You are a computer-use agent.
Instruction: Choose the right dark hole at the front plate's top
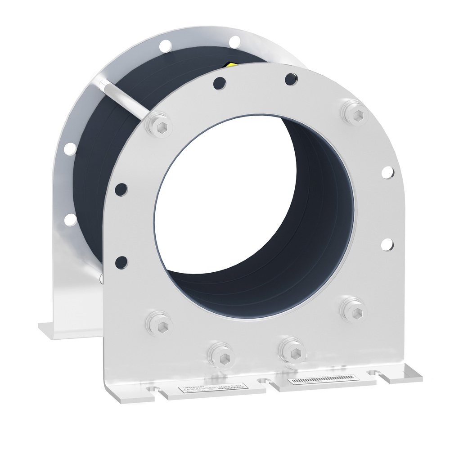289,78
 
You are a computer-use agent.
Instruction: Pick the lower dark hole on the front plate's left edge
121,261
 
